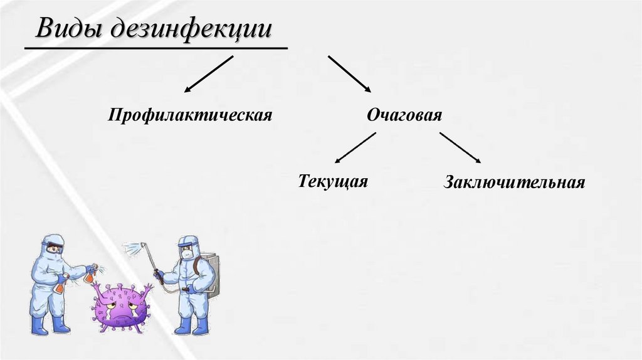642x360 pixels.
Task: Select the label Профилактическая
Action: (x=190, y=115)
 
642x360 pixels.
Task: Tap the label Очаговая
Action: (x=404, y=115)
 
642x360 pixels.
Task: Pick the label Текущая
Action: (x=332, y=181)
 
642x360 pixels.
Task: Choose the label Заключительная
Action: (x=514, y=183)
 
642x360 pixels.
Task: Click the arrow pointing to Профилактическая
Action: (x=208, y=74)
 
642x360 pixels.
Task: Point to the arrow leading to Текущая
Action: (x=355, y=149)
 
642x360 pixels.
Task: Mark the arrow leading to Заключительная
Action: (x=460, y=149)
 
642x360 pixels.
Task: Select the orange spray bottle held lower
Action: (x=61, y=285)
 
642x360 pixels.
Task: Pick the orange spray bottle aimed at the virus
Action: (x=91, y=273)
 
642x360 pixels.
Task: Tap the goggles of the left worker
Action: (x=56, y=248)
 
